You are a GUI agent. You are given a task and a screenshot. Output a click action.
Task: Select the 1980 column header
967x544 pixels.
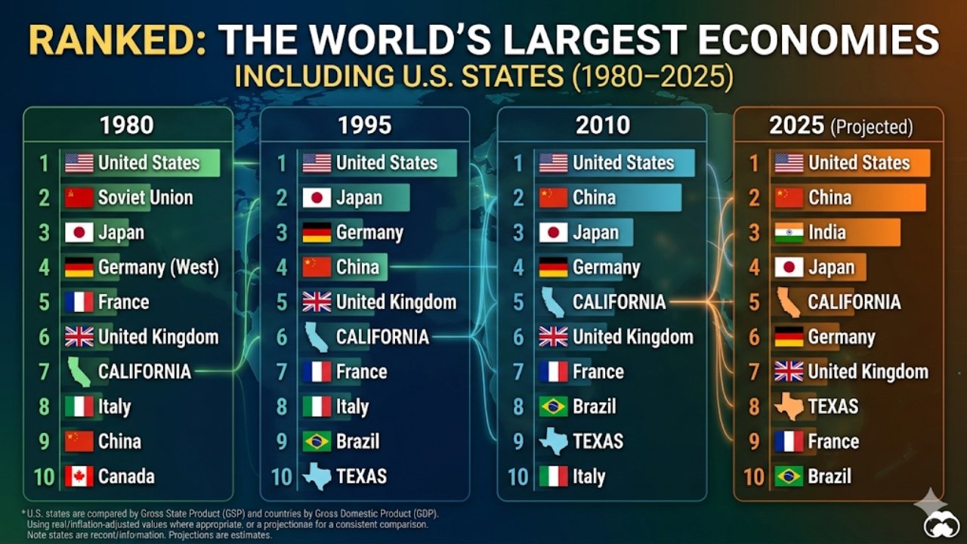(x=127, y=125)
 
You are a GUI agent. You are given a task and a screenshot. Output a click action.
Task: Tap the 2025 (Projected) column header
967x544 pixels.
(x=840, y=126)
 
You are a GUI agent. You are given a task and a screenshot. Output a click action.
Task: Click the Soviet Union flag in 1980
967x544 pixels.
(x=79, y=198)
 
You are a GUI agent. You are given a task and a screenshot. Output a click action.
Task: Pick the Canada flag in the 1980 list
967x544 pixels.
(x=79, y=477)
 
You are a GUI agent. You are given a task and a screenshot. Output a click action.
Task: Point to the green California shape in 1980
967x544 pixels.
(x=79, y=372)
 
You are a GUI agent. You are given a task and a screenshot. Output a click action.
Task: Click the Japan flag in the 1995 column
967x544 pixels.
(x=317, y=198)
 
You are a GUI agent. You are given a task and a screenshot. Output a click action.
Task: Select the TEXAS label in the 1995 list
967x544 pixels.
(x=361, y=477)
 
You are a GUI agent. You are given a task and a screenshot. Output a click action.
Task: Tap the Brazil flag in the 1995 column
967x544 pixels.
(x=317, y=442)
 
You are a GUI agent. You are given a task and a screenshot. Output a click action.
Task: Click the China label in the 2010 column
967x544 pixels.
(x=595, y=198)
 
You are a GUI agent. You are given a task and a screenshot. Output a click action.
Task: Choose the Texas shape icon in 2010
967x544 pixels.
(x=553, y=441)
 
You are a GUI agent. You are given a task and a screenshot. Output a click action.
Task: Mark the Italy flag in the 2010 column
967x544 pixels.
(x=553, y=477)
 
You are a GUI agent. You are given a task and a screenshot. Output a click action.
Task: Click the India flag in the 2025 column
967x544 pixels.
(x=789, y=233)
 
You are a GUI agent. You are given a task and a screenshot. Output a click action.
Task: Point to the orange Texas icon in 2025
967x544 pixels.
(x=789, y=407)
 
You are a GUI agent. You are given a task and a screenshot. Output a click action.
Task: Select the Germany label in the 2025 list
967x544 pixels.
(x=841, y=338)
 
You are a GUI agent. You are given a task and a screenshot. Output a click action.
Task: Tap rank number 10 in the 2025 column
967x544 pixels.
(x=754, y=477)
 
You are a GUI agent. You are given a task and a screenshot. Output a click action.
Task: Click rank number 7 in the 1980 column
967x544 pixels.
(x=44, y=372)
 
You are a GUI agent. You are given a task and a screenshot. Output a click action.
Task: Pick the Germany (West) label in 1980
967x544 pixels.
(x=158, y=267)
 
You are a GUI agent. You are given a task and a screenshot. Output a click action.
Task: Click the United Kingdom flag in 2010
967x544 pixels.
(x=553, y=337)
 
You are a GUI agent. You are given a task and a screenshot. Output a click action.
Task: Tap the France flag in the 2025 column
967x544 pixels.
(x=789, y=442)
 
